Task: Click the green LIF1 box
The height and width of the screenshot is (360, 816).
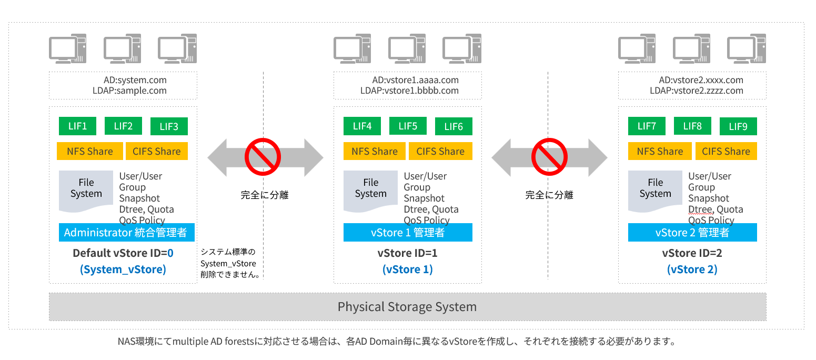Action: [x=77, y=126]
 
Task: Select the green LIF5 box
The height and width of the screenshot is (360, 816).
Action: [x=408, y=126]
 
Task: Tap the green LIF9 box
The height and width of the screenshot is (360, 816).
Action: [x=738, y=126]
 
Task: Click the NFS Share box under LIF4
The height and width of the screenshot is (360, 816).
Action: [x=374, y=152]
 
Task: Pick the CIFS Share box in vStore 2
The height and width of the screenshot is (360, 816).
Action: [x=726, y=152]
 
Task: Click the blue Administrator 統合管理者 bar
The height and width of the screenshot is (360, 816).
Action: [x=126, y=233]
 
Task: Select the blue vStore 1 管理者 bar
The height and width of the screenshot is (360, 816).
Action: [x=408, y=233]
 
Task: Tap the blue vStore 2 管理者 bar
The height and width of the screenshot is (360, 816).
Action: [x=692, y=233]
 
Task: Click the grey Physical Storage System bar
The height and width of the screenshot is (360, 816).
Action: [x=407, y=307]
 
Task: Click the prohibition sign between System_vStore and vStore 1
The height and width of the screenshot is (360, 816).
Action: [x=262, y=156]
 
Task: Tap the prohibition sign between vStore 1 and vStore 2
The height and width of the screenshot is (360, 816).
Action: [x=548, y=156]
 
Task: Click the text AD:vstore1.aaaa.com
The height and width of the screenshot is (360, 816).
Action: [x=415, y=81]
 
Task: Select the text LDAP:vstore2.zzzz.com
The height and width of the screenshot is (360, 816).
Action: [x=696, y=91]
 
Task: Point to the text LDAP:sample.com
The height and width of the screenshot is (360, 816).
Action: [x=129, y=91]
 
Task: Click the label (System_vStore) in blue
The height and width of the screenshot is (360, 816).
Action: [x=123, y=269]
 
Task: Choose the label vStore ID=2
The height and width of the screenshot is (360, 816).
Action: [x=692, y=253]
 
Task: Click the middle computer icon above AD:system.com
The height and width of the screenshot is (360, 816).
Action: [x=123, y=49]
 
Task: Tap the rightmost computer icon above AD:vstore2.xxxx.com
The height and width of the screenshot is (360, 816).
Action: [x=746, y=49]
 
